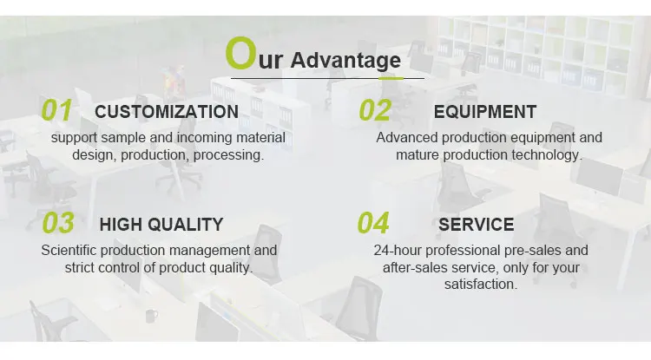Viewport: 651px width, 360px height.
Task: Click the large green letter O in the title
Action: pos(240,53)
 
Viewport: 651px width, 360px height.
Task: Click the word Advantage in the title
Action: pos(345,61)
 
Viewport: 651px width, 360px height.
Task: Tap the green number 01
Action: pos(56,110)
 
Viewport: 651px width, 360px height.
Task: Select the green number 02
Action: pos(375,110)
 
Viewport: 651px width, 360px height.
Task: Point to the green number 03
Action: pos(58,223)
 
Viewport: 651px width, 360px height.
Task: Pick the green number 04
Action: pos(373,223)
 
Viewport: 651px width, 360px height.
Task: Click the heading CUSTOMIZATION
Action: pos(167,112)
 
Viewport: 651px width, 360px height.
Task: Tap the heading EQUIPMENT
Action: pos(485,112)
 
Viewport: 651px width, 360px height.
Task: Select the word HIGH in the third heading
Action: pos(121,225)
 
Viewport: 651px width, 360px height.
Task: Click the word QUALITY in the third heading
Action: pos(185,225)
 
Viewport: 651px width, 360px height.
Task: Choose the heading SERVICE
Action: pos(477,225)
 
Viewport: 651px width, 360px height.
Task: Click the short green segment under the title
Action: pos(391,78)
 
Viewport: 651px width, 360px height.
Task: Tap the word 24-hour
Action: pos(398,251)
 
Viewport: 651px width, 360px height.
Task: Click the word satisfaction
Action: pos(480,285)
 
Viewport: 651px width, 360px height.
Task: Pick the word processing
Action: pos(229,155)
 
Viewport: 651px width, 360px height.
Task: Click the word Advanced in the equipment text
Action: pos(407,138)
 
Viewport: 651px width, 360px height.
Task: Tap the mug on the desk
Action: pos(151,316)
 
